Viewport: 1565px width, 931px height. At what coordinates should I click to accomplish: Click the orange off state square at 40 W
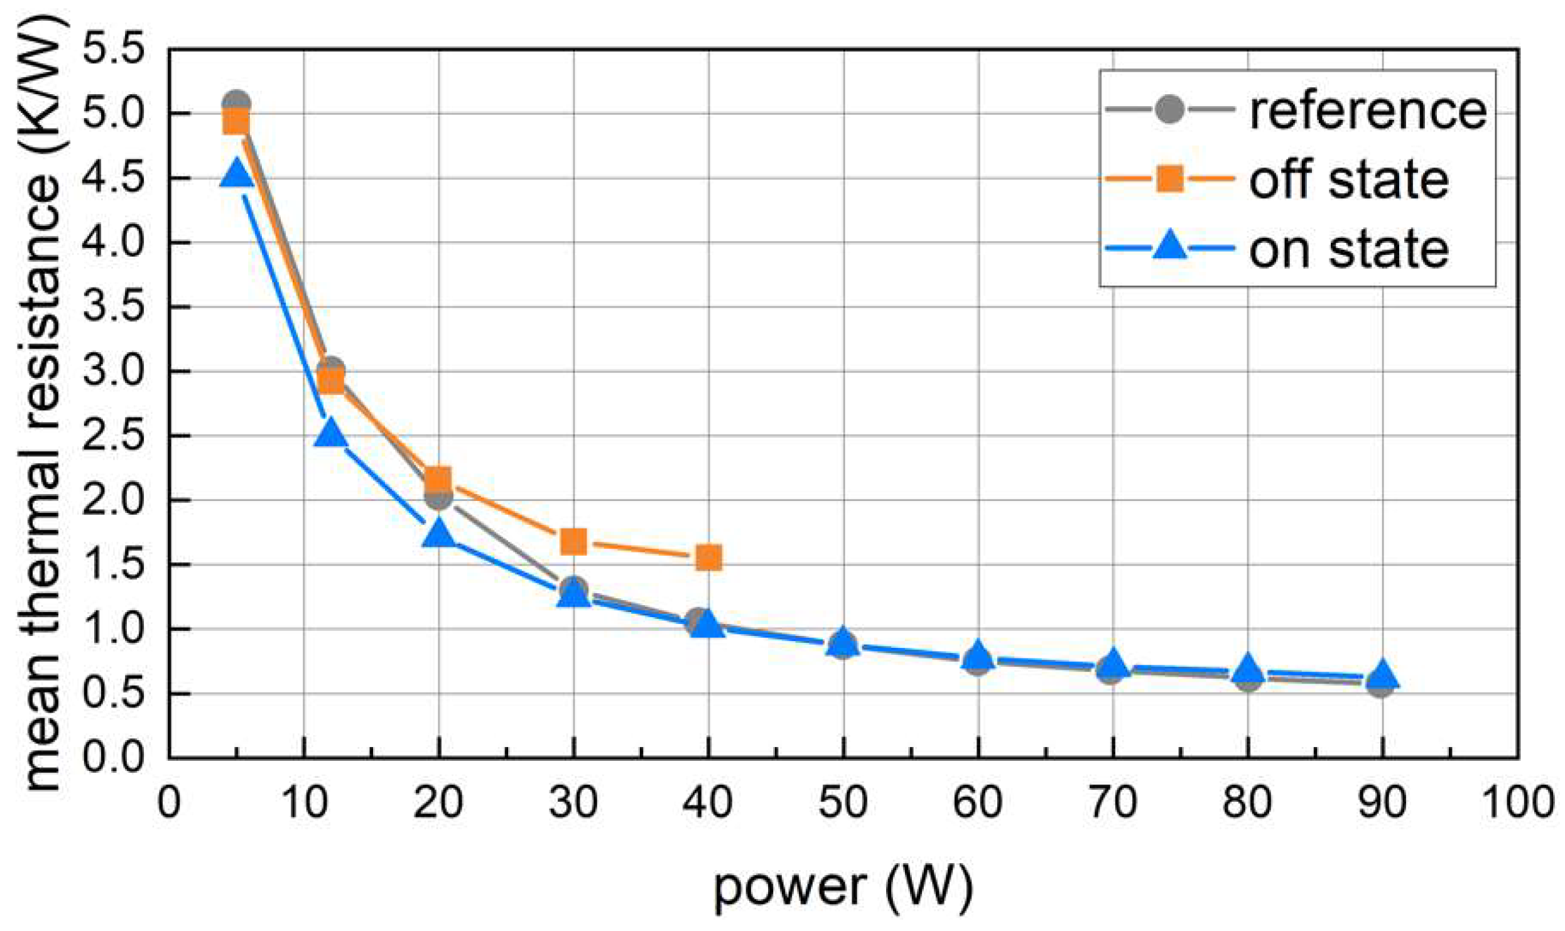708,557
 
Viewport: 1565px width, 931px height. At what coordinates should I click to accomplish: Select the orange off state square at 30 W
573,541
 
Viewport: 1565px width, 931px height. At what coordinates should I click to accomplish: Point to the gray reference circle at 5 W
237,102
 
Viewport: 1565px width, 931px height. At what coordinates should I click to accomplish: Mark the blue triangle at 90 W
1382,675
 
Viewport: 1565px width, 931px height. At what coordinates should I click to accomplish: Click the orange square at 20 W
438,480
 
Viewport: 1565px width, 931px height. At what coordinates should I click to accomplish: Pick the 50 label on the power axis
843,803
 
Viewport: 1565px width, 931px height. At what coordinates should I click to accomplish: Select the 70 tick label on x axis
1113,803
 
